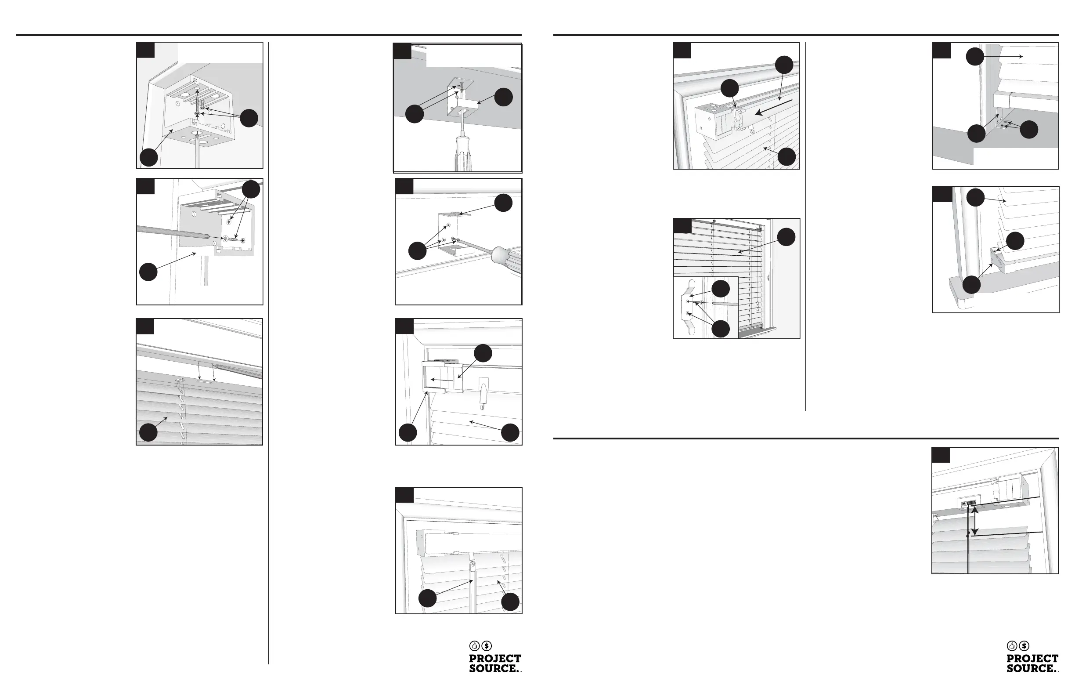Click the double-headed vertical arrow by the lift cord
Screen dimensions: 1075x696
click(x=975, y=521)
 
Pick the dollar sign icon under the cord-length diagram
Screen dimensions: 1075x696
click(x=1024, y=646)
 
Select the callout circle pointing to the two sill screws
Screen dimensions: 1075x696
click(x=1029, y=130)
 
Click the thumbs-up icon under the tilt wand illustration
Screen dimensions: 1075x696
click(x=475, y=646)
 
